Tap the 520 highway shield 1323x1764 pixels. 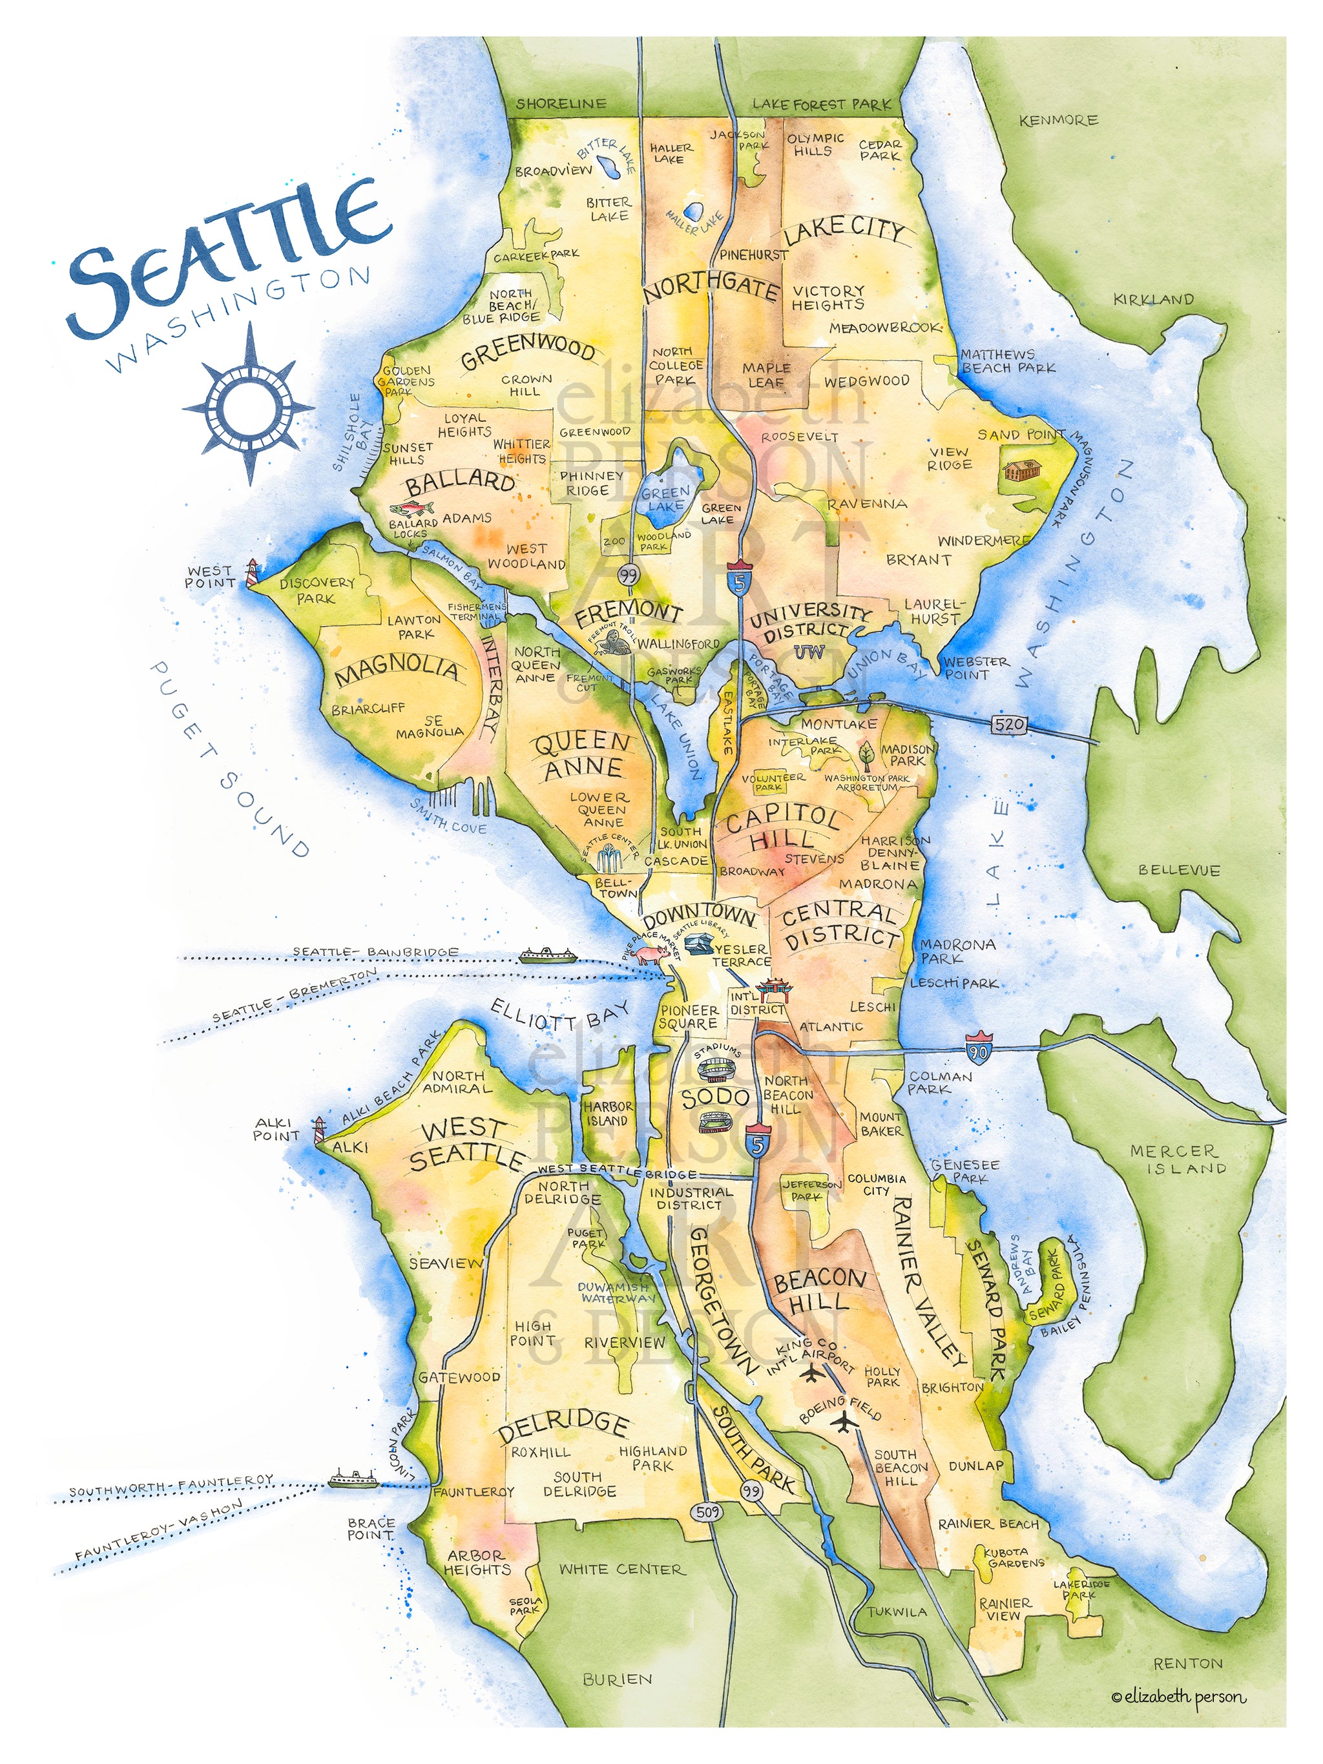tap(1009, 724)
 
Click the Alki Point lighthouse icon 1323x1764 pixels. tap(320, 1129)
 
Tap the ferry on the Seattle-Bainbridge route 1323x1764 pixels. tap(545, 955)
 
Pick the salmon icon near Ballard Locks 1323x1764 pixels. tap(412, 508)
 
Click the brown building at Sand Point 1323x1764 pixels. tap(1023, 470)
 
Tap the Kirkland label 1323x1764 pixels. tap(1153, 300)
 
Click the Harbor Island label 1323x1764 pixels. tap(609, 1114)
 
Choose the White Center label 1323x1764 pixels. tap(621, 1570)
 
